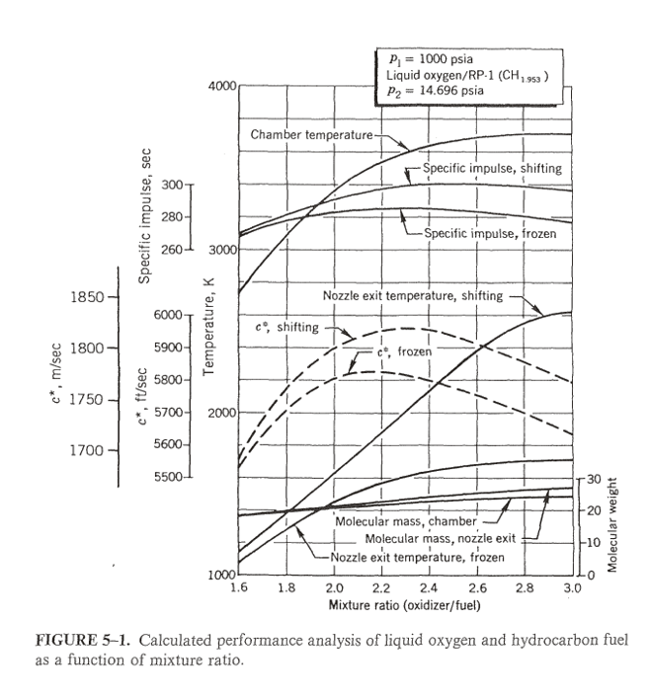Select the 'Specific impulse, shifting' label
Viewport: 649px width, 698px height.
point(492,168)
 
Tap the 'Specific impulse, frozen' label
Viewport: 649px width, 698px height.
point(490,233)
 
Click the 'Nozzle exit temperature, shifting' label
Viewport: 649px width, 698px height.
point(412,295)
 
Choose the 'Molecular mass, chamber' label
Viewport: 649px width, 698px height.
point(406,521)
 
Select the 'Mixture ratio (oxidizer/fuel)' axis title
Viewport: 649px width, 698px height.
point(406,603)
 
